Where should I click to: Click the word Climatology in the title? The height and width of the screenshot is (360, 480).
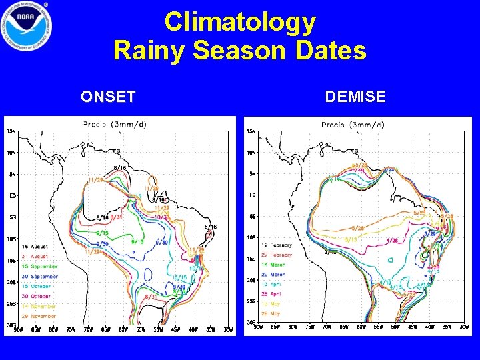tap(240, 22)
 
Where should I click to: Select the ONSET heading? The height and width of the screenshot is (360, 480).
tap(108, 97)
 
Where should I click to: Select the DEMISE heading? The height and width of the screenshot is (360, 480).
tap(355, 97)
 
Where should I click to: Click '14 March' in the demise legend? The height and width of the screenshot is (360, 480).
tap(273, 265)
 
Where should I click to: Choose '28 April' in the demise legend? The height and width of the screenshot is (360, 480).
tap(271, 294)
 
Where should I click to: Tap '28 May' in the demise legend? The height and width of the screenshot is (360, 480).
tap(270, 313)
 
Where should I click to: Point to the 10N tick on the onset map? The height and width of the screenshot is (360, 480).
tap(12, 152)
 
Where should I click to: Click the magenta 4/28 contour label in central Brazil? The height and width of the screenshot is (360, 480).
tap(392, 240)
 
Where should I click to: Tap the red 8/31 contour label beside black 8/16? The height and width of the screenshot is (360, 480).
tap(115, 217)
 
